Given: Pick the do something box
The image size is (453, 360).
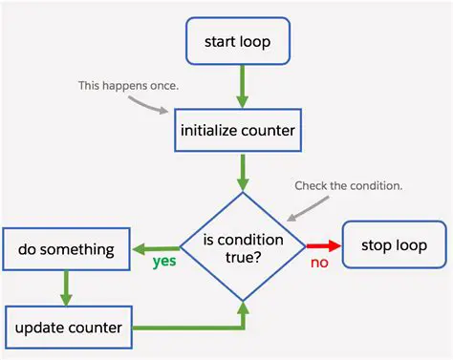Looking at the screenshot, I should (x=66, y=250).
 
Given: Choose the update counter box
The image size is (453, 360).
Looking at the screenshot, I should (x=68, y=328).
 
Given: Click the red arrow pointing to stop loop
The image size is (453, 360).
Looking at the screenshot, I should (x=322, y=245).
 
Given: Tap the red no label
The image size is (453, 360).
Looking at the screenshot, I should (x=319, y=263).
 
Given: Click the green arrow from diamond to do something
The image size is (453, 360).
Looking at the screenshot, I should (x=157, y=247).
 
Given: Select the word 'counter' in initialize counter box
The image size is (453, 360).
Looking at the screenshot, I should (x=270, y=130).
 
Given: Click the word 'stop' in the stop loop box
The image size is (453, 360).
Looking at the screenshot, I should (x=377, y=245).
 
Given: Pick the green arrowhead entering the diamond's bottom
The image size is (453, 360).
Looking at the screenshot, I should (x=243, y=307).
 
